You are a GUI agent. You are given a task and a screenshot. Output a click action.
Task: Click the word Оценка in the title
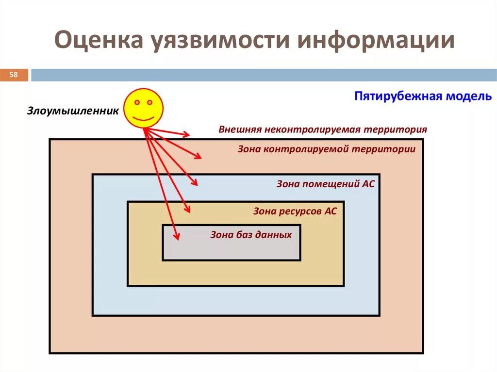[97, 41]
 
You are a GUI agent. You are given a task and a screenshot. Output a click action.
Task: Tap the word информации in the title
[376, 41]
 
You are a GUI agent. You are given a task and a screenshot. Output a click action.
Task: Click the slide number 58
[14, 75]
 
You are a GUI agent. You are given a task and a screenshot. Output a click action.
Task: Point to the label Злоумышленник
[73, 111]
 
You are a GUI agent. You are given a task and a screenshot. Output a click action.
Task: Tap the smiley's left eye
[137, 103]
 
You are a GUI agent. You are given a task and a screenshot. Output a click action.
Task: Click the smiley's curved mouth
[143, 117]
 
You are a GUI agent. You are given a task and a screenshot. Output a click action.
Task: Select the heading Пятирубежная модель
[423, 96]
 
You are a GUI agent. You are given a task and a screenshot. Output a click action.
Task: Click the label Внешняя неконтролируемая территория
[323, 129]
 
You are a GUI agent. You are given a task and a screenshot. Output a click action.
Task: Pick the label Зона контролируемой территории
[326, 149]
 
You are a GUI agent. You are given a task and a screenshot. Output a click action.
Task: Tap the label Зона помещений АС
[326, 184]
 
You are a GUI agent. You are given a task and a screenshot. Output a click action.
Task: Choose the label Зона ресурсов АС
[295, 211]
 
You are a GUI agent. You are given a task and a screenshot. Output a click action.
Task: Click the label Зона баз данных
[251, 235]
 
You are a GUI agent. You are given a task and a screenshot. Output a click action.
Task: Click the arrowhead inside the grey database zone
[177, 236]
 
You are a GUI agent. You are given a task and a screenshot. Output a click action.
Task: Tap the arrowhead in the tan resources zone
[187, 210]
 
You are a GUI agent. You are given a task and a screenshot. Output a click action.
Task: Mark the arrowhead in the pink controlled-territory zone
[198, 156]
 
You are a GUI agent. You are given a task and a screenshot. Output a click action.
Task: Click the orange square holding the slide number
[14, 75]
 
